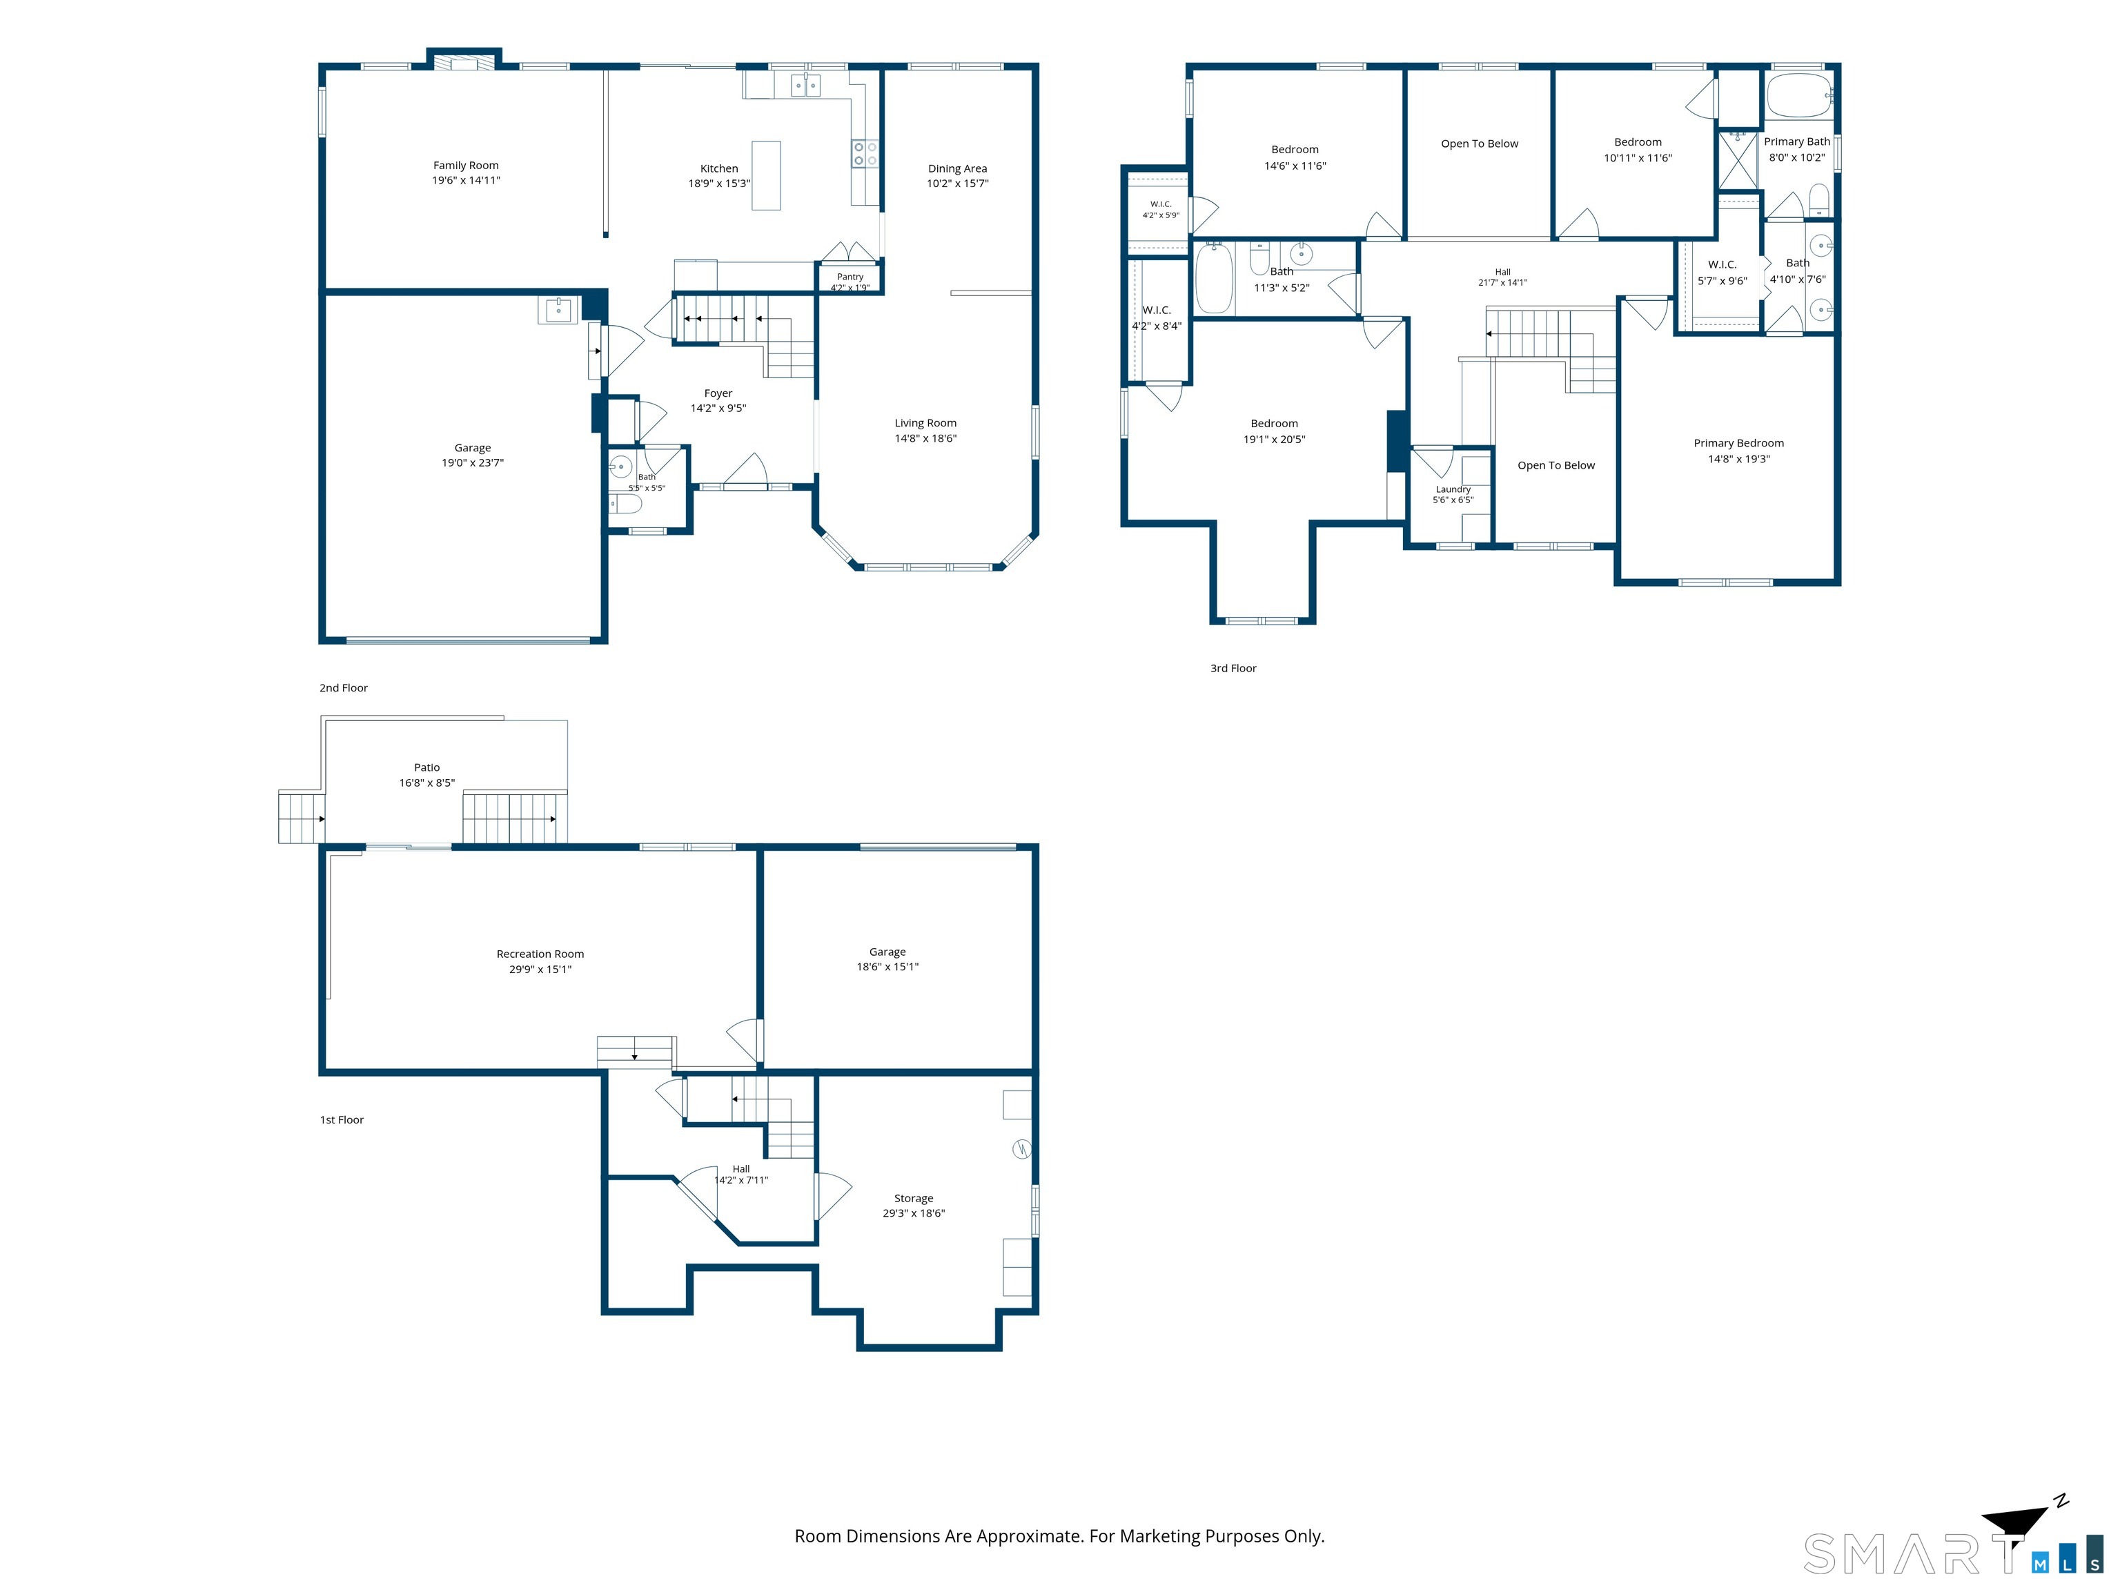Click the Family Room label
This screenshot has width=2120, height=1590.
click(x=466, y=165)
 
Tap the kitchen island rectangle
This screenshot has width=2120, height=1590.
click(x=766, y=175)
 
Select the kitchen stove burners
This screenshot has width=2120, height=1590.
click(x=865, y=153)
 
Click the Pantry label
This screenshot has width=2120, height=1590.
click(x=850, y=277)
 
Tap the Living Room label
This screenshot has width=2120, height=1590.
click(x=926, y=422)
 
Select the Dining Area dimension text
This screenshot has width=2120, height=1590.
click(x=957, y=183)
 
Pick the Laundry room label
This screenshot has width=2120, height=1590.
click(x=1453, y=489)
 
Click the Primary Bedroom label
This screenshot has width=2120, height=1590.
click(x=1738, y=443)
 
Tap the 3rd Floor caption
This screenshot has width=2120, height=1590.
click(x=1233, y=668)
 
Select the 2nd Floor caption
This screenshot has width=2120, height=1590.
click(x=343, y=687)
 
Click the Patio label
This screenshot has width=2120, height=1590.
click(x=427, y=767)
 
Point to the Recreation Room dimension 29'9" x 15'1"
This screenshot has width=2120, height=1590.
click(x=540, y=969)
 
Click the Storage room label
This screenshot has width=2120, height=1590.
click(x=914, y=1198)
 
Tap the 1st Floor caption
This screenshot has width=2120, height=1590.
click(x=342, y=1119)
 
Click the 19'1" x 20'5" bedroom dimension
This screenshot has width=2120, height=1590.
click(x=1275, y=439)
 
